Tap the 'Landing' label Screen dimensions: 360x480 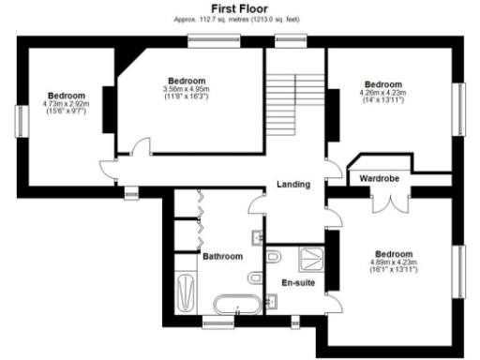pyautogui.click(x=293, y=185)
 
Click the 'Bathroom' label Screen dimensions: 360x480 pyautogui.click(x=222, y=256)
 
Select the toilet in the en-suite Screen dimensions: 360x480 pyautogui.click(x=275, y=255)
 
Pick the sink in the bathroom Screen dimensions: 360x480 pyautogui.click(x=258, y=234)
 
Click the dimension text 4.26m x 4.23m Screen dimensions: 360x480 pyautogui.click(x=382, y=93)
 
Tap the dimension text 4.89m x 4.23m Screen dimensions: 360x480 pyautogui.click(x=393, y=263)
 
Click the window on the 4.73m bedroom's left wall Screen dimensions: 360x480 pyautogui.click(x=19, y=118)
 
